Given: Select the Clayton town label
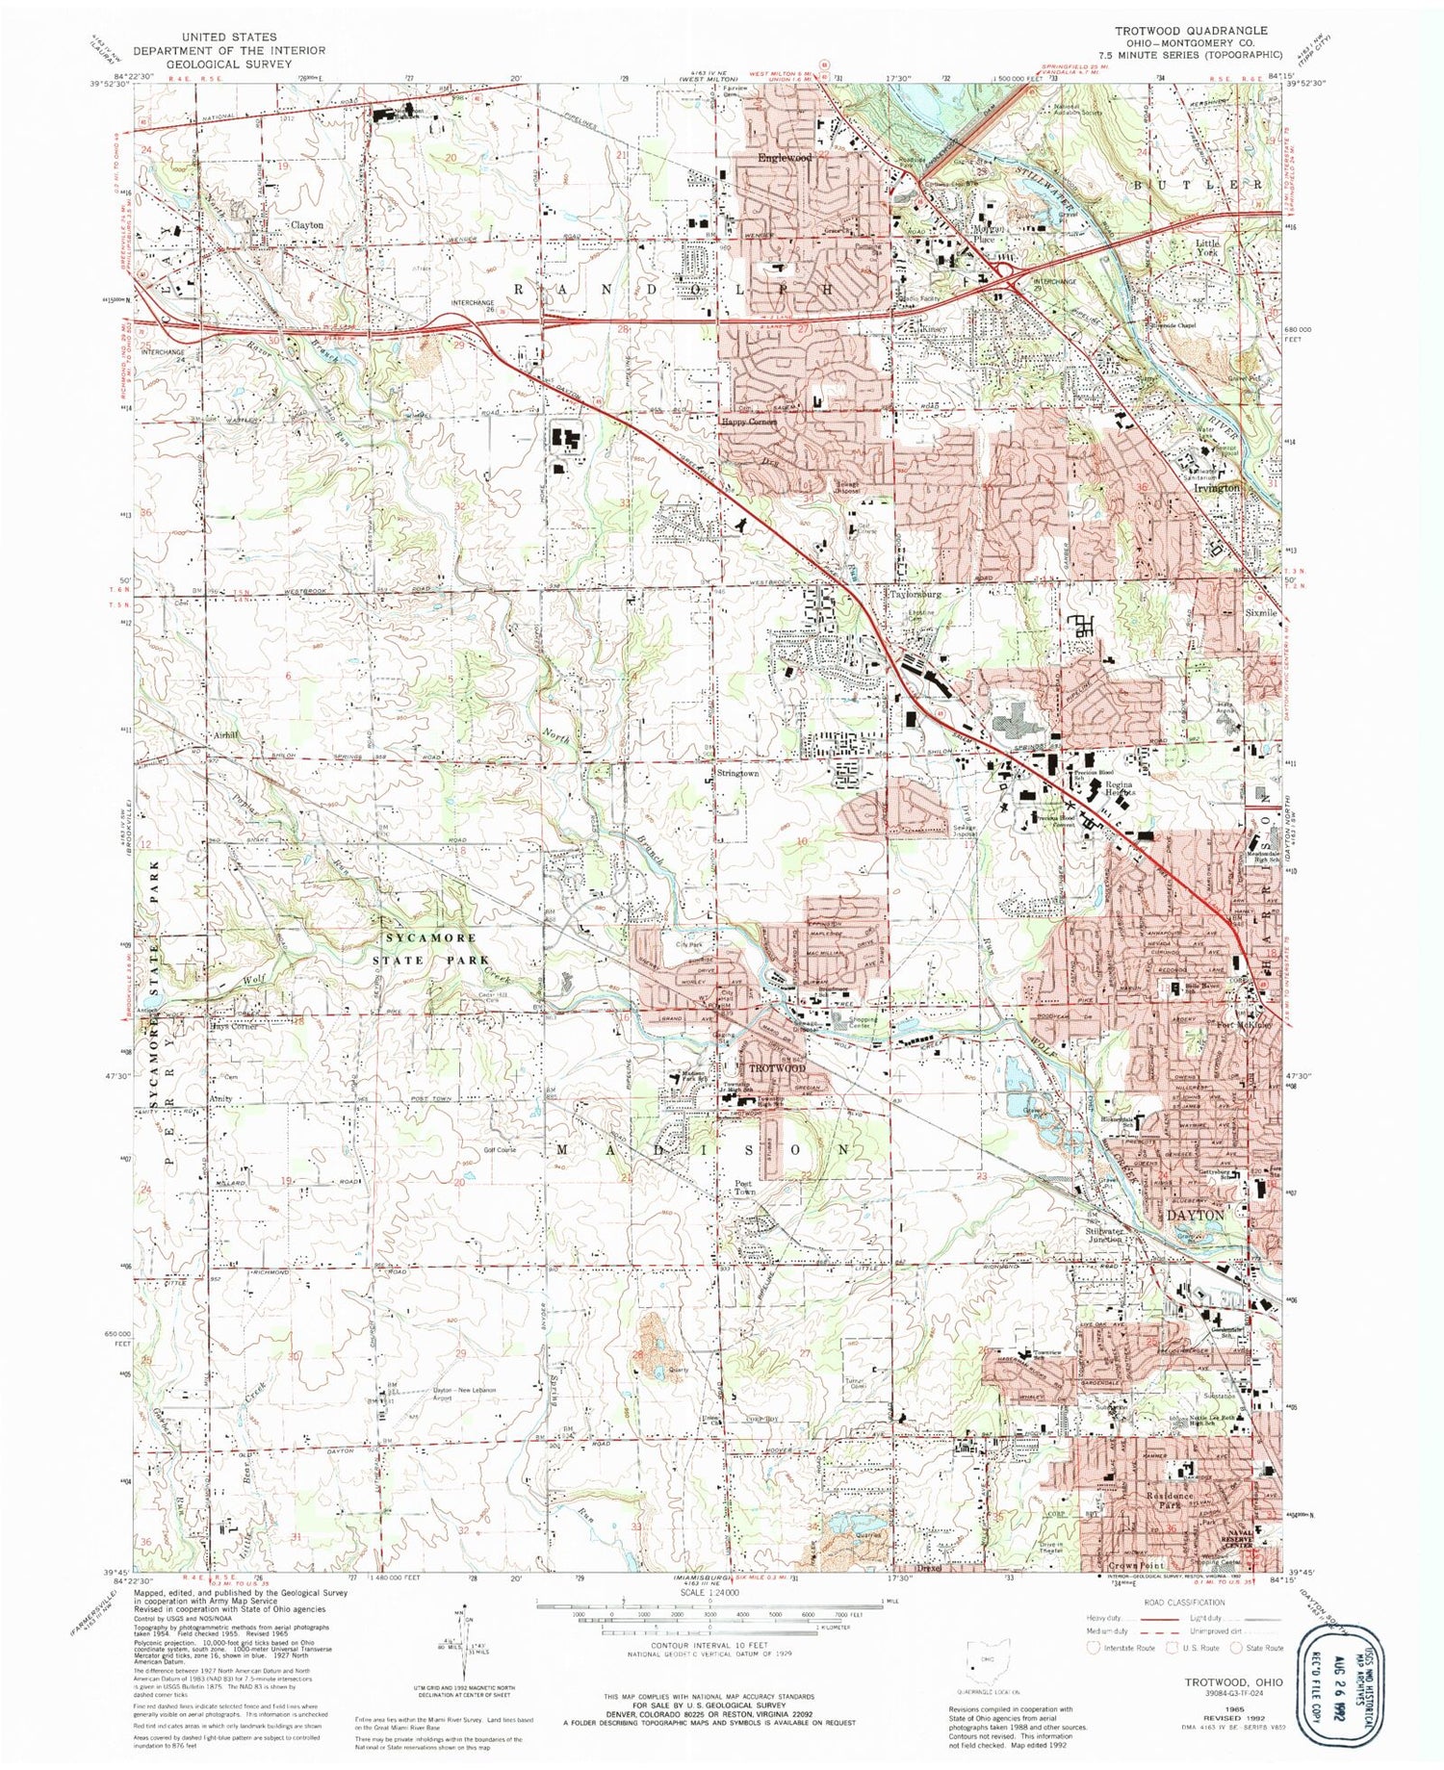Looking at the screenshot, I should click(307, 224).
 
